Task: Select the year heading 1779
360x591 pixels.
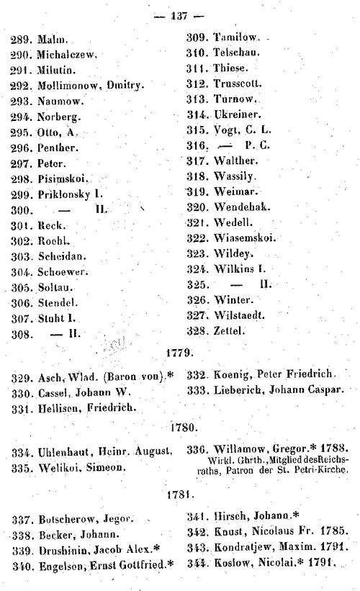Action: click(x=179, y=355)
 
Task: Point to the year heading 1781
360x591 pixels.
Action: click(x=179, y=496)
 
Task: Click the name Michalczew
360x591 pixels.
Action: click(x=66, y=54)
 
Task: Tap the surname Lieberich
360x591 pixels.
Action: click(x=243, y=390)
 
